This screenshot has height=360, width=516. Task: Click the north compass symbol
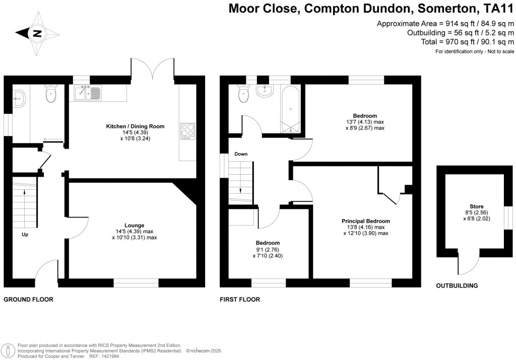[x=36, y=34]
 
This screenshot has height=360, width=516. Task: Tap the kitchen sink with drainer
[x=88, y=93]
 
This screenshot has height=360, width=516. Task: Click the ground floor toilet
[x=51, y=94]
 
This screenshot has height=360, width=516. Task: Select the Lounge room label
[x=135, y=225]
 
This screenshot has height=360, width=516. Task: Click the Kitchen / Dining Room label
[x=135, y=126]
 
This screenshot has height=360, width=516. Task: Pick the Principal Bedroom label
[x=365, y=221]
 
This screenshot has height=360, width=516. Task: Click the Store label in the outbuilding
[x=476, y=206]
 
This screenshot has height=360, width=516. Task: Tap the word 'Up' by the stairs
[x=25, y=235]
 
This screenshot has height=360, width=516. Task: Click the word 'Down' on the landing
[x=240, y=154]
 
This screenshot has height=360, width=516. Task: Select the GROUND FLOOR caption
[x=28, y=299]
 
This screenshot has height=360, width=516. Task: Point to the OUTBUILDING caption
[x=457, y=286]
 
